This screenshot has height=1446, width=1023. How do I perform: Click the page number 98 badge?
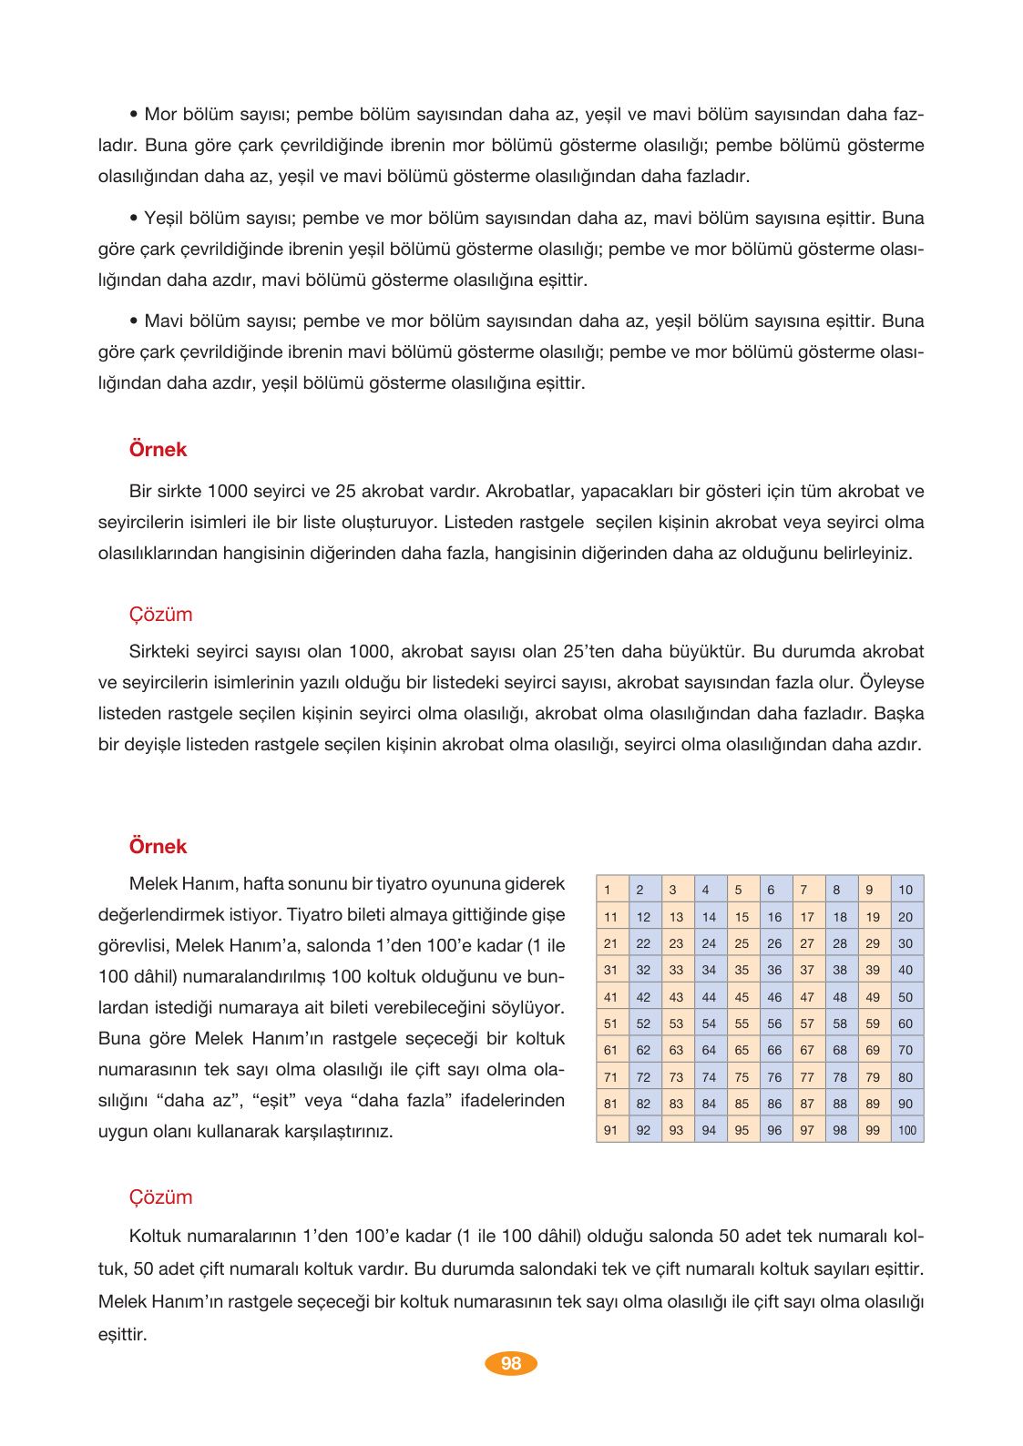pos(511,1363)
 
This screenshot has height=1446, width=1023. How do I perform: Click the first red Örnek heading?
pos(158,450)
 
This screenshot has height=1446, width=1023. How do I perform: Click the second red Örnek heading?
pos(158,847)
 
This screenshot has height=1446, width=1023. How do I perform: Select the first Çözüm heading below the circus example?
pos(160,615)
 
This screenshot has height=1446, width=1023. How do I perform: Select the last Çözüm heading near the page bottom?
pos(160,1197)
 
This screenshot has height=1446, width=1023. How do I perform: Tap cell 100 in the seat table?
pos(907,1130)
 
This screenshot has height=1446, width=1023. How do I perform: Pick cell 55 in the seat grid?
pos(742,1023)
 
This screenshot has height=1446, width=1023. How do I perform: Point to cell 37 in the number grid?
pos(808,970)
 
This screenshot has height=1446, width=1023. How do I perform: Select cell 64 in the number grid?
pos(710,1050)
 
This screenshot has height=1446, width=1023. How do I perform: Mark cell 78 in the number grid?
pos(841,1077)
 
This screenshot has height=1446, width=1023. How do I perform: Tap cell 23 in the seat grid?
pos(677,943)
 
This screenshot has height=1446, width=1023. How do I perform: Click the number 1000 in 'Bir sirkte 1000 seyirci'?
pos(227,492)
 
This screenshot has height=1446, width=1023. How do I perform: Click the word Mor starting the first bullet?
pos(160,115)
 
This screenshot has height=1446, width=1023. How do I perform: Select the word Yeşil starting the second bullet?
pos(164,219)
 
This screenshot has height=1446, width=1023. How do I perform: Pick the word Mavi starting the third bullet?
pos(164,321)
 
